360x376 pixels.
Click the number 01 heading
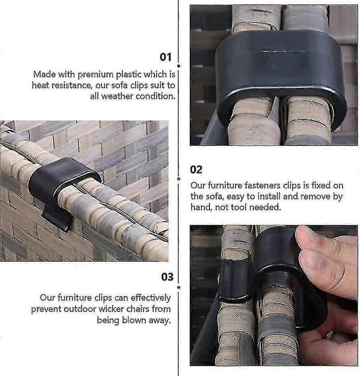point(166,57)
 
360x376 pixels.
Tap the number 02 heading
point(196,170)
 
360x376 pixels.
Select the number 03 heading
point(167,277)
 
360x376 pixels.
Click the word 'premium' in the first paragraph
point(95,75)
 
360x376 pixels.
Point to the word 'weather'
point(117,96)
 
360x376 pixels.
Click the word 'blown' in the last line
point(134,320)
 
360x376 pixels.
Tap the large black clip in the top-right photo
point(281,77)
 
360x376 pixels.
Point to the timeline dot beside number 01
point(179,65)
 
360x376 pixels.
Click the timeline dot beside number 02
point(179,179)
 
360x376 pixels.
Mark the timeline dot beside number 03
point(179,287)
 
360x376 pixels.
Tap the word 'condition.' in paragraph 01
point(155,96)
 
